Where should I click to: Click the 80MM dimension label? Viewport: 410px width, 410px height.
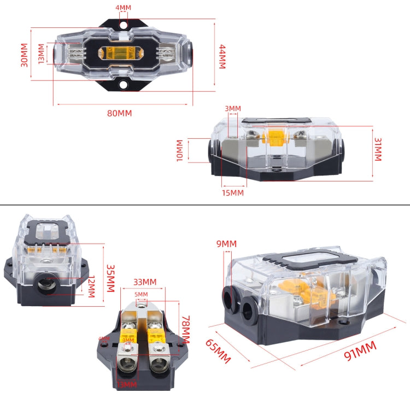pos(120,113)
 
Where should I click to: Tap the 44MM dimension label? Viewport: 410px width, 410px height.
pos(221,56)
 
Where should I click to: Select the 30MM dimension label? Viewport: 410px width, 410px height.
pos(24,55)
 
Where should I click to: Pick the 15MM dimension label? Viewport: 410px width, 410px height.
pos(233,192)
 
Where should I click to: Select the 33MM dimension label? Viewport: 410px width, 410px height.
pos(145,282)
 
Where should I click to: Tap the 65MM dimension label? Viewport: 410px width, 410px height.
pos(218,352)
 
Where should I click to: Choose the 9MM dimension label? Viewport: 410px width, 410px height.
pos(226,243)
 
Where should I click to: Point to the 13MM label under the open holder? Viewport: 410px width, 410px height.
pos(127,384)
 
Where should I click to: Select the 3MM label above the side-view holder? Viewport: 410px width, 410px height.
pos(232,108)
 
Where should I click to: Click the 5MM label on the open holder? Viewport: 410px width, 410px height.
pos(142,294)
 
